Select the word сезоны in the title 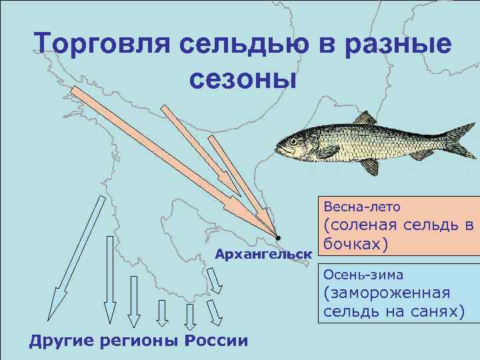point(241,79)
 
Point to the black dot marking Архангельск point(278,238)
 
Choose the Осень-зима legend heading point(364,274)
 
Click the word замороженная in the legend point(387,293)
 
